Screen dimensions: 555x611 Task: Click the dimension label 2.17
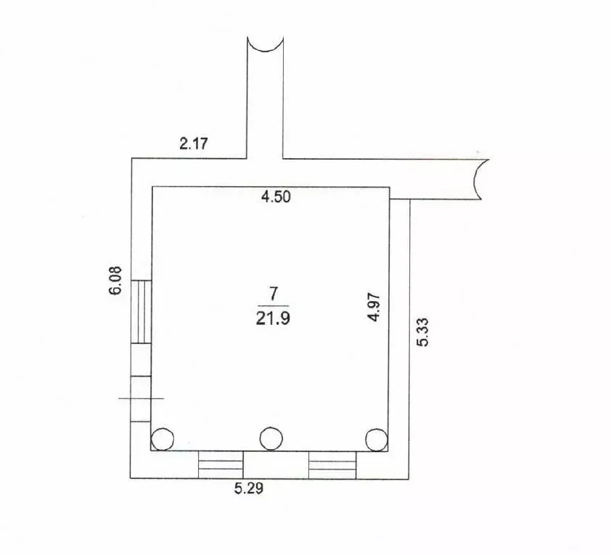194,144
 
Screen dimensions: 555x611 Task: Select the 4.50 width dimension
276,197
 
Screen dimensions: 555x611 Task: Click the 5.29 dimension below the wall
248,488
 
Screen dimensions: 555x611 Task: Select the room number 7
273,294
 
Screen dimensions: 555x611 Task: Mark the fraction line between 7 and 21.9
274,305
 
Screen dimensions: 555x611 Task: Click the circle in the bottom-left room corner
163,439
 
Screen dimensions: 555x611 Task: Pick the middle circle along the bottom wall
271,437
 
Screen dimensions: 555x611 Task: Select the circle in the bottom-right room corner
376,439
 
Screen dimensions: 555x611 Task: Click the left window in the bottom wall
221,464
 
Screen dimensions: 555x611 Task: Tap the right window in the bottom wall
332,464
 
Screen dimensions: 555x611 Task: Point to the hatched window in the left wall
141,311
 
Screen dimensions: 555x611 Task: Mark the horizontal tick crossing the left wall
141,398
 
